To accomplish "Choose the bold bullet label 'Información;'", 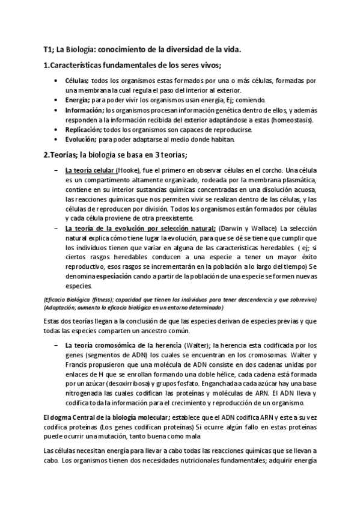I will pyautogui.click(x=84, y=110).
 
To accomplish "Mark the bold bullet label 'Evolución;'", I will pyautogui.click(x=81, y=140).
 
